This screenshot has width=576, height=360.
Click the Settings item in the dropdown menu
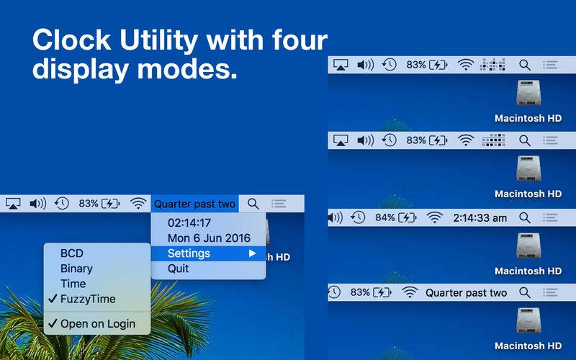[189, 253]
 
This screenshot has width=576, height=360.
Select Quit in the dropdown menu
[178, 269]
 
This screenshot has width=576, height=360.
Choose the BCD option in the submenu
[71, 253]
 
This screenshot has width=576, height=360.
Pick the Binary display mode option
[76, 269]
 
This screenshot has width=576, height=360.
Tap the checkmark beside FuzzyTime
[53, 299]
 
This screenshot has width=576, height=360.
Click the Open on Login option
[98, 323]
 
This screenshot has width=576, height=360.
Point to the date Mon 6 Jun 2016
[209, 238]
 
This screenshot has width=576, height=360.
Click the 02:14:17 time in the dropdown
[189, 222]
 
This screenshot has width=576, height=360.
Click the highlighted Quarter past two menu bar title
[194, 204]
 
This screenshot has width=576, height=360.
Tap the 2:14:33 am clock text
[480, 218]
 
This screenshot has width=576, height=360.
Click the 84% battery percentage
[384, 218]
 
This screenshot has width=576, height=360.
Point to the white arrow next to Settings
[252, 253]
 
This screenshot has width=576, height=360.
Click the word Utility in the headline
[158, 40]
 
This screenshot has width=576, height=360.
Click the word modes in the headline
[187, 68]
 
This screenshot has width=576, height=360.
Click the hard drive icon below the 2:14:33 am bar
[528, 246]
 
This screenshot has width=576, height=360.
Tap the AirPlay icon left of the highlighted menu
[13, 204]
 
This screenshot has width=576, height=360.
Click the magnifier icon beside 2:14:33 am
[525, 218]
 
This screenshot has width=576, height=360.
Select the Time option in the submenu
[73, 284]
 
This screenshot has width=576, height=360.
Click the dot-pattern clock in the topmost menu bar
[492, 65]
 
